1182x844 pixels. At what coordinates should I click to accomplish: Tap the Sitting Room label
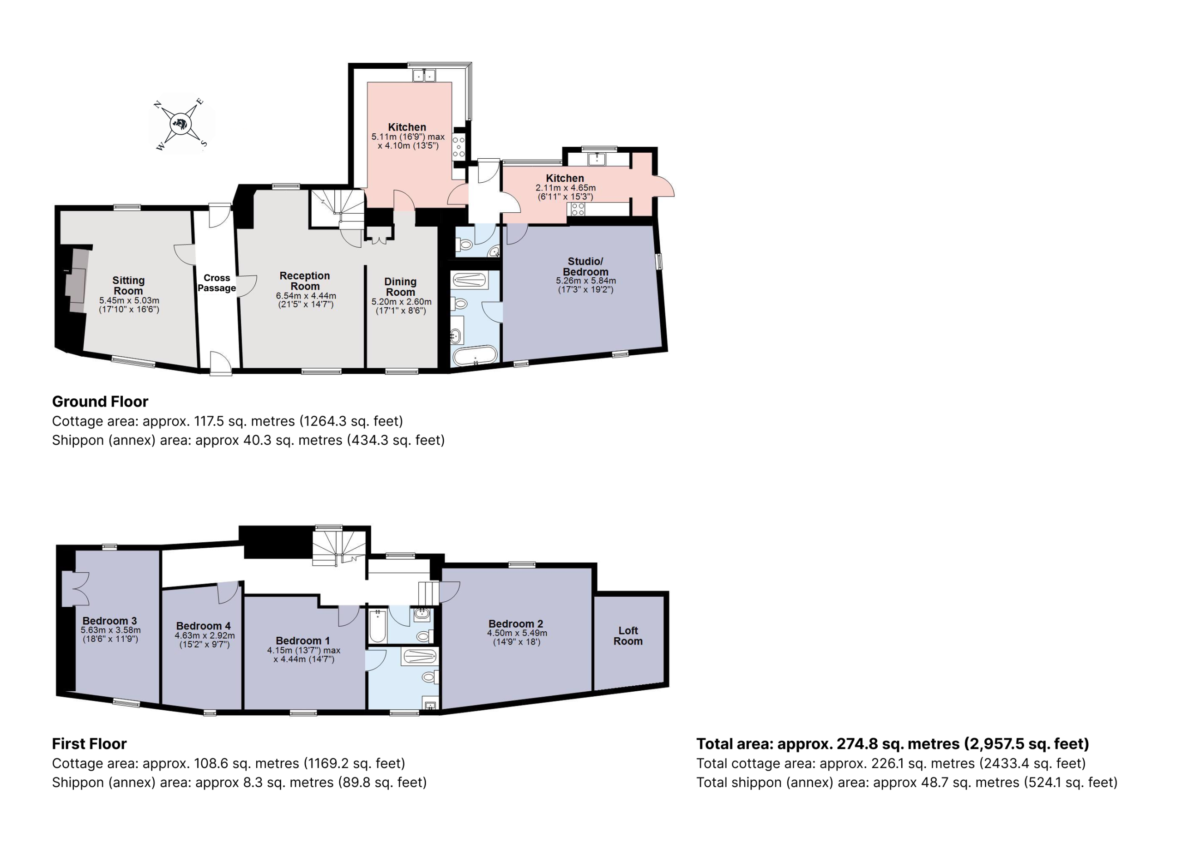pyautogui.click(x=128, y=285)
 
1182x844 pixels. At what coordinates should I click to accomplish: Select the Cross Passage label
pyautogui.click(x=217, y=283)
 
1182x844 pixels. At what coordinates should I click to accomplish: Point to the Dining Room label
pyautogui.click(x=400, y=287)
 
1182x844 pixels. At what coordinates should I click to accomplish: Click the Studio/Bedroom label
pyautogui.click(x=585, y=266)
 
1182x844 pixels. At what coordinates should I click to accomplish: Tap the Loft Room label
pyautogui.click(x=628, y=635)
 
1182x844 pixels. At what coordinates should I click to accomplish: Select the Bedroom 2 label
pyautogui.click(x=516, y=623)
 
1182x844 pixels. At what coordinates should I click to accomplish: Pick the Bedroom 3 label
pyautogui.click(x=110, y=621)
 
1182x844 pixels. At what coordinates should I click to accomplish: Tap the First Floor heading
pyautogui.click(x=90, y=744)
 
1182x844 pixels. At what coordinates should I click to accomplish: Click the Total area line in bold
pyautogui.click(x=893, y=744)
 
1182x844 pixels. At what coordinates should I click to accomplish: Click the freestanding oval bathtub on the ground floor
pyautogui.click(x=475, y=356)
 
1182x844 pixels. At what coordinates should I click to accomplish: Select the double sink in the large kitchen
pyautogui.click(x=424, y=76)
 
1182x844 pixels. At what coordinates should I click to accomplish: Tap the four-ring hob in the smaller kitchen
pyautogui.click(x=577, y=209)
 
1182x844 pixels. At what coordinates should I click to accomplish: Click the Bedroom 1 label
pyautogui.click(x=302, y=640)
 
